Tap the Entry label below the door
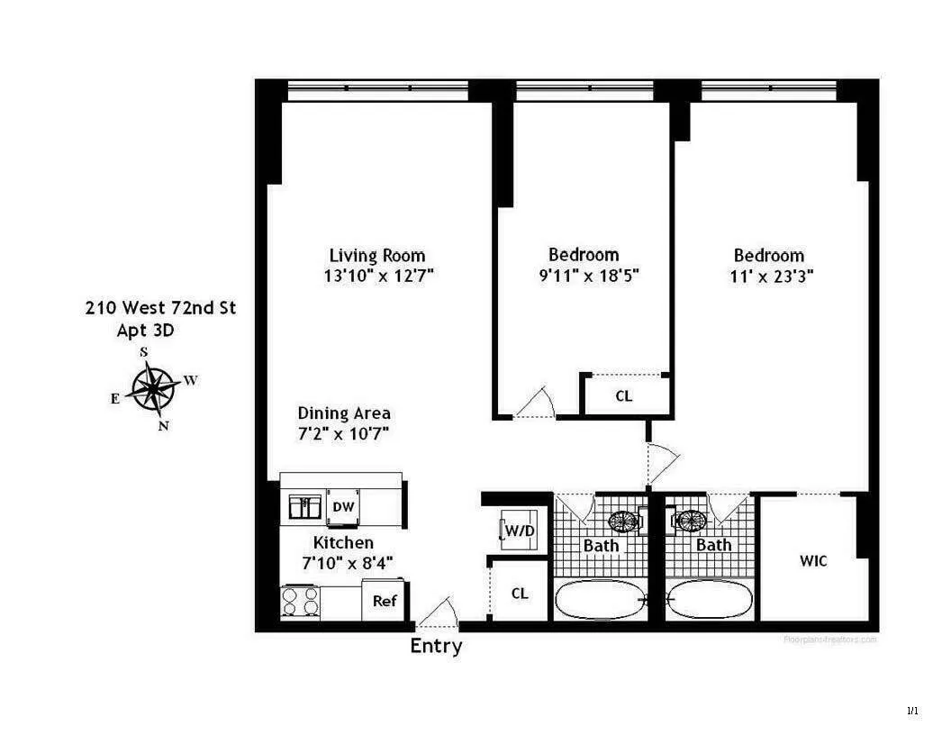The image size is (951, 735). coord(436,646)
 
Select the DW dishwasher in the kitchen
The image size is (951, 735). coord(343,507)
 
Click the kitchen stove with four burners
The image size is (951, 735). coord(301,601)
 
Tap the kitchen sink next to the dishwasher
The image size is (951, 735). coord(305,507)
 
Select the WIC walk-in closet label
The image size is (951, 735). coord(813,561)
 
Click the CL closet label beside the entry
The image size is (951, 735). coord(520,594)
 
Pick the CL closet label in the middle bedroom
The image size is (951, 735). coord(623,395)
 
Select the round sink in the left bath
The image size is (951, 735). coord(622,521)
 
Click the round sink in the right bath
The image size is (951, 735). coord(690,521)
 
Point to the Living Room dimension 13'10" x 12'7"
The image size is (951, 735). coord(378,277)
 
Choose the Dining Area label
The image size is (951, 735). coord(344,413)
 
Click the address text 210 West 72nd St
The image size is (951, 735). coord(160,308)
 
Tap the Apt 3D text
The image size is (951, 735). coord(146,330)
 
